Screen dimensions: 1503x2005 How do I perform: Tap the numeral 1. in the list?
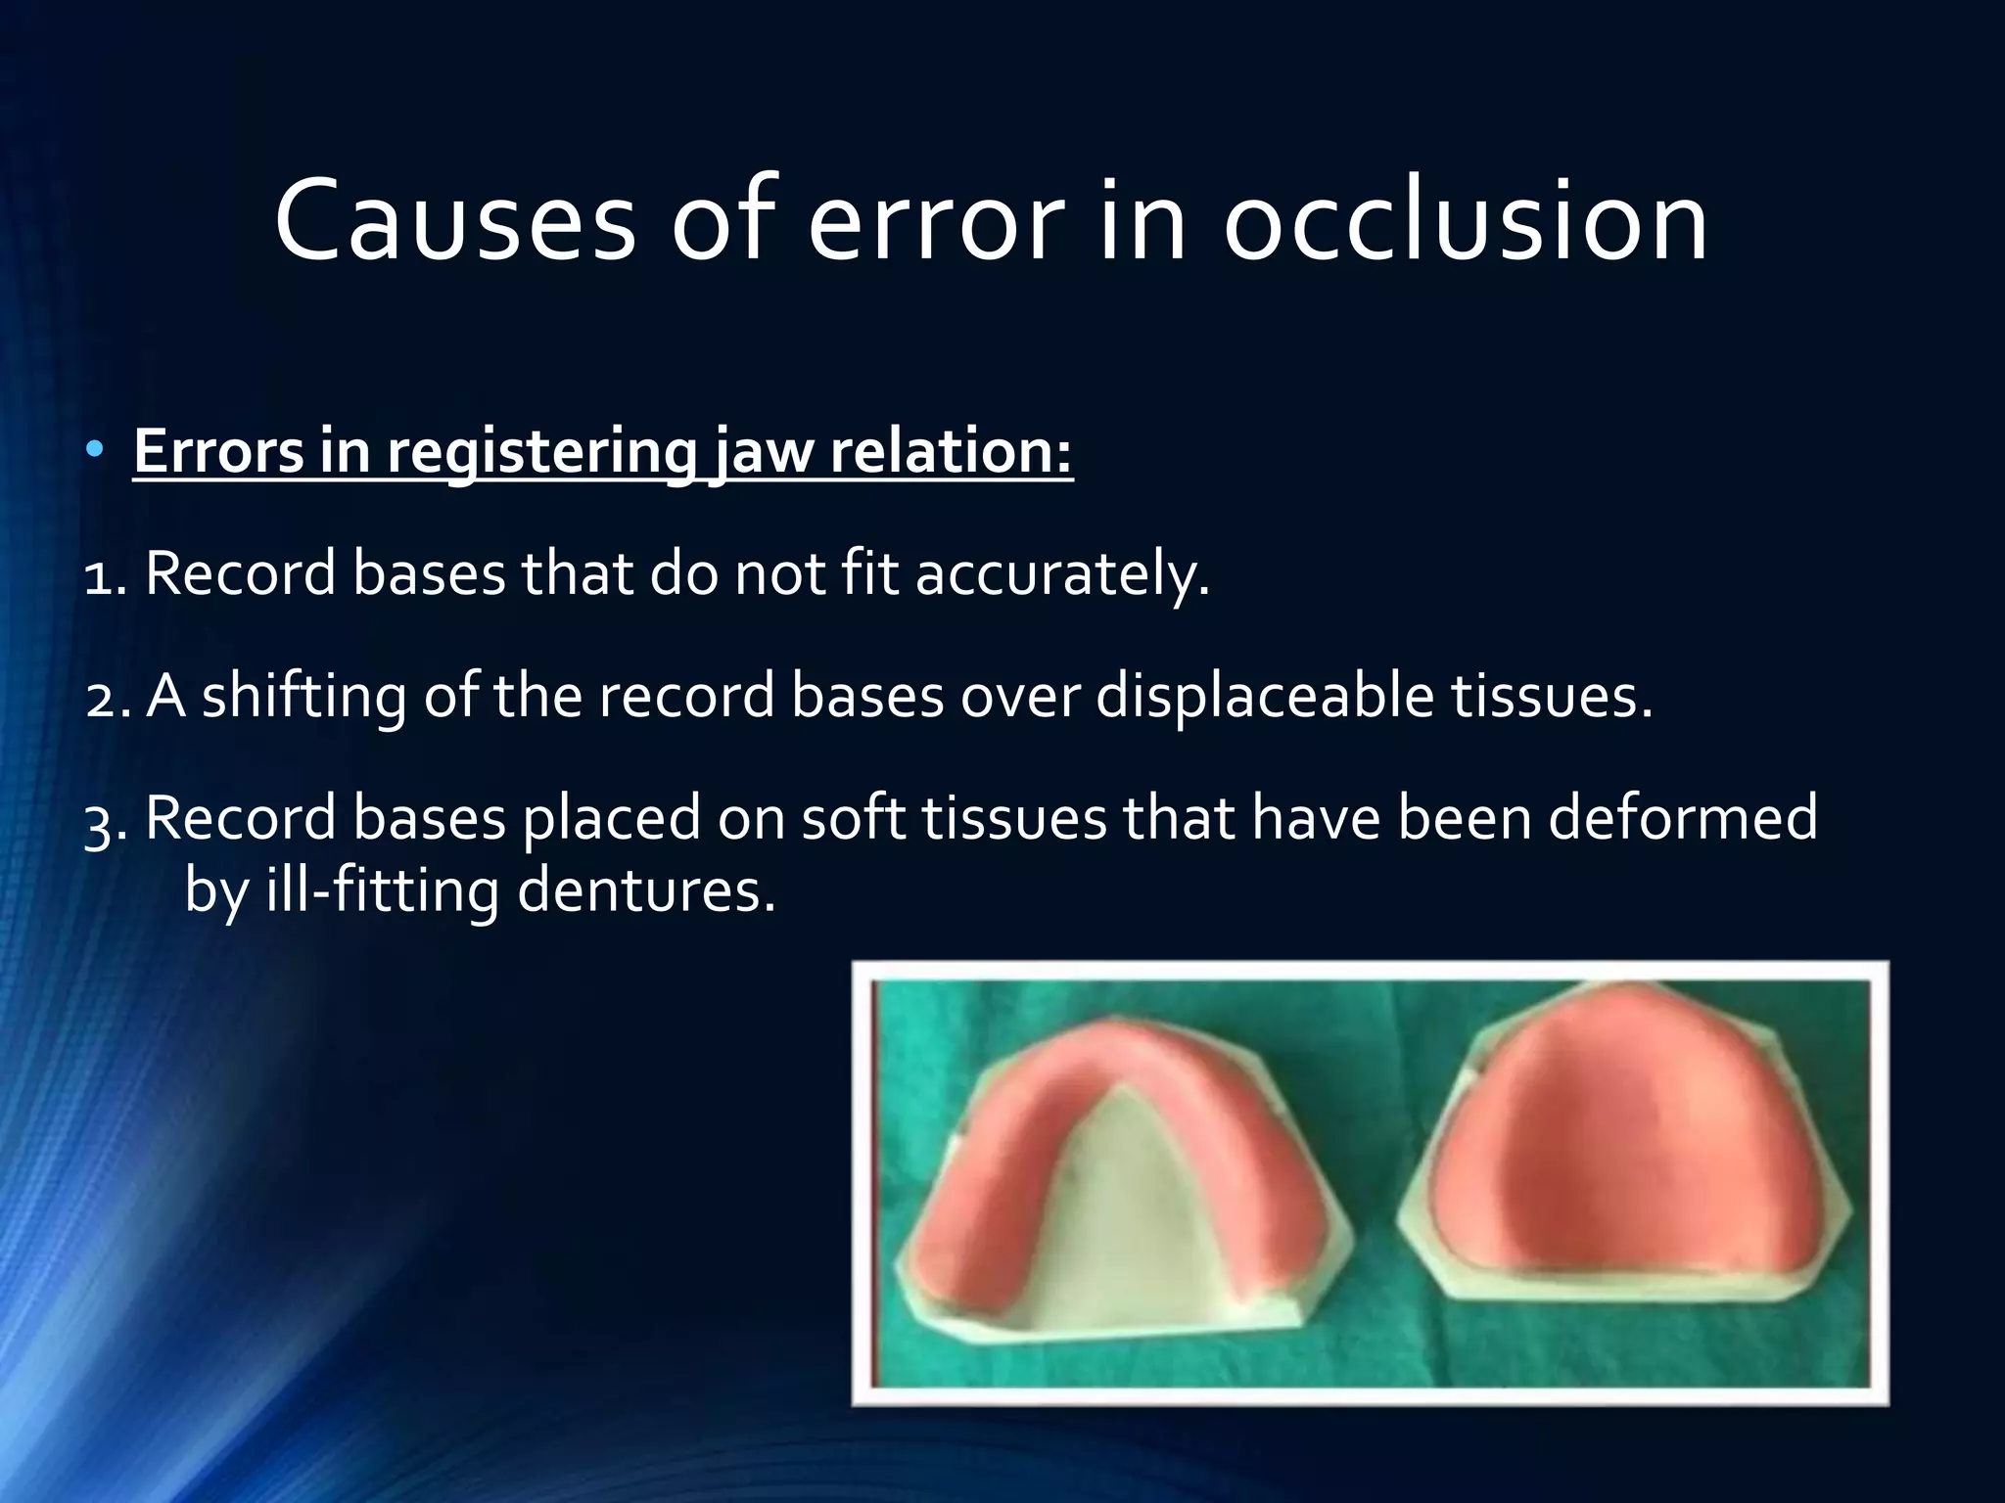tap(106, 574)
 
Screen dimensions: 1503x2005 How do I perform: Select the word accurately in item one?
tap(1061, 574)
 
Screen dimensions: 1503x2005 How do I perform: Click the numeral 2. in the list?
tap(108, 697)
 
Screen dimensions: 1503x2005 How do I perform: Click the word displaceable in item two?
tap(1263, 697)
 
